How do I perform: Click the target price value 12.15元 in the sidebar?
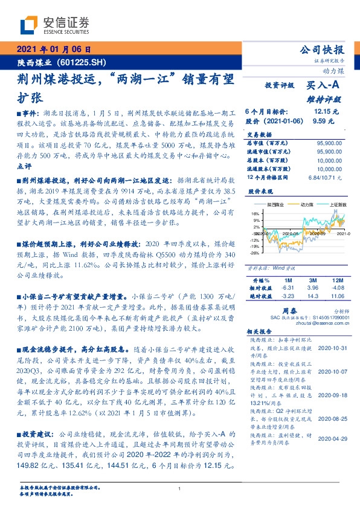326,111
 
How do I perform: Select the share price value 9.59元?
327,120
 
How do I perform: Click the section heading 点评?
23,166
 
